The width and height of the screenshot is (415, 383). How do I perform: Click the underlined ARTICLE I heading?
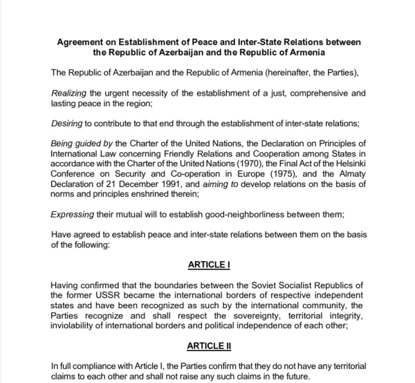point(207,265)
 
